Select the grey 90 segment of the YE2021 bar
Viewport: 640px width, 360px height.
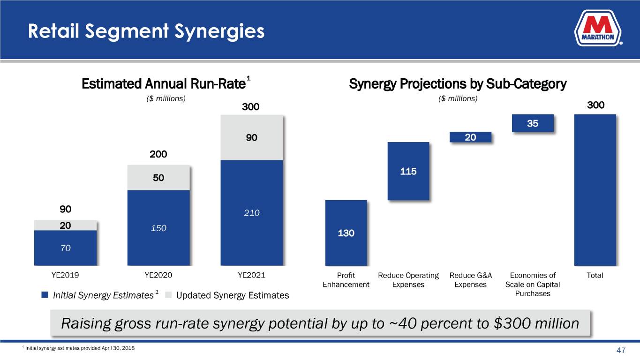(x=252, y=138)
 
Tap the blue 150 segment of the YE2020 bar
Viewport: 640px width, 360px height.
(x=158, y=228)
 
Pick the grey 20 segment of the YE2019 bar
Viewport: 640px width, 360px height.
(x=65, y=225)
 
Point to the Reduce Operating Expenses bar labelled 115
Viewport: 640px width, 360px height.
(x=408, y=171)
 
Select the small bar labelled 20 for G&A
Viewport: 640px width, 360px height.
(x=470, y=137)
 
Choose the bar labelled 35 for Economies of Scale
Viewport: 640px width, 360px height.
(x=533, y=123)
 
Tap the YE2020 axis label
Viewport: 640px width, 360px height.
(x=158, y=275)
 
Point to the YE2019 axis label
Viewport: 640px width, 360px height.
(x=65, y=275)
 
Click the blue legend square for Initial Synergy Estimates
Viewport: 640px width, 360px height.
(x=45, y=295)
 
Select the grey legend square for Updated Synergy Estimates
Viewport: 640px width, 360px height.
(x=169, y=295)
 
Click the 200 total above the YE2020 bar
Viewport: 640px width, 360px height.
(x=158, y=154)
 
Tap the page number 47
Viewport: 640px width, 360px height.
(x=621, y=350)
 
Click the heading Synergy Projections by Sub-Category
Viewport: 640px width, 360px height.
(x=458, y=84)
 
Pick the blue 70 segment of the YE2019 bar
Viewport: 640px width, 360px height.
(x=65, y=248)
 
